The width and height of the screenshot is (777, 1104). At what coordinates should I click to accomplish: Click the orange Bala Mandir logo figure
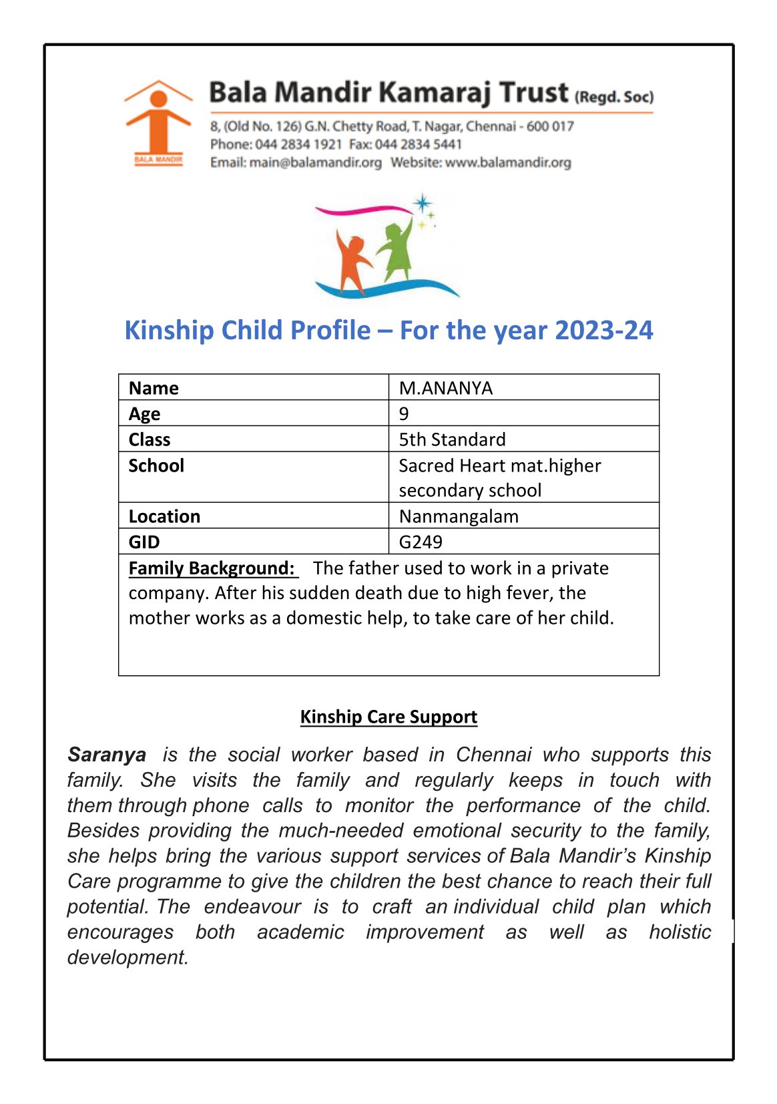pyautogui.click(x=158, y=120)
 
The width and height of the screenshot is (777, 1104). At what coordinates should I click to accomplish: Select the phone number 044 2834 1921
pyautogui.click(x=298, y=144)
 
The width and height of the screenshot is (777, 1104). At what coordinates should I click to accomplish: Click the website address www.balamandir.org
pyautogui.click(x=508, y=162)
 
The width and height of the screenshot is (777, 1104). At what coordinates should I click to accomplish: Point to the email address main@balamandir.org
pyautogui.click(x=315, y=162)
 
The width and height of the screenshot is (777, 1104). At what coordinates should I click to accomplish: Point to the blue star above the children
pyautogui.click(x=422, y=203)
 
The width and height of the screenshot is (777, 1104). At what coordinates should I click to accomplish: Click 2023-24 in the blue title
pyautogui.click(x=603, y=331)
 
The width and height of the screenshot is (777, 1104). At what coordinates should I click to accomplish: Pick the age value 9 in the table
pyautogui.click(x=404, y=413)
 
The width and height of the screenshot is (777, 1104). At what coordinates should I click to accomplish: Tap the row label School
pyautogui.click(x=156, y=466)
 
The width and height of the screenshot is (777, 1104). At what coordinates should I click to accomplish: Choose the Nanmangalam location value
pyautogui.click(x=459, y=516)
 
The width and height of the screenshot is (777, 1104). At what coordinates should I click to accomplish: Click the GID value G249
pyautogui.click(x=421, y=542)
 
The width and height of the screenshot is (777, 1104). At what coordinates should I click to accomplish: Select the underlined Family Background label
pyautogui.click(x=212, y=568)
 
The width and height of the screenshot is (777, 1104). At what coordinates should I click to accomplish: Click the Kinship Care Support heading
pyautogui.click(x=388, y=717)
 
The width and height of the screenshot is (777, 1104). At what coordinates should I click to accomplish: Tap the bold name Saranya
pyautogui.click(x=107, y=755)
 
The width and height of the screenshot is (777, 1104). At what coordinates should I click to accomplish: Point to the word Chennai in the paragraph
pyautogui.click(x=493, y=755)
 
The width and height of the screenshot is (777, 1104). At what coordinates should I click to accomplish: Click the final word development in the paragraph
pyautogui.click(x=127, y=957)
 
